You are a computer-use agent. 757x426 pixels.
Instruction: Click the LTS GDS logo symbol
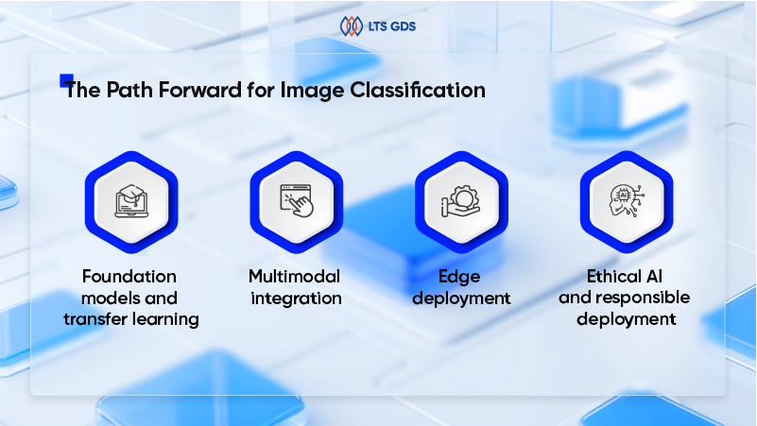point(351,26)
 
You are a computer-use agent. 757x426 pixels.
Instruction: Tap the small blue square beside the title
point(66,80)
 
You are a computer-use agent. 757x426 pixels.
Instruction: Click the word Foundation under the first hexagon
point(130,277)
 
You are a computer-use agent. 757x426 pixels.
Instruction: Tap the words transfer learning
point(131,319)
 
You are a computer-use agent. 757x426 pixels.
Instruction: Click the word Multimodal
point(295,277)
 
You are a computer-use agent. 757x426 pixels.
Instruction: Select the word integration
point(295,298)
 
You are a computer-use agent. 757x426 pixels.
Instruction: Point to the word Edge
point(461,277)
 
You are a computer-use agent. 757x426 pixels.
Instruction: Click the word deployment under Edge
point(461,298)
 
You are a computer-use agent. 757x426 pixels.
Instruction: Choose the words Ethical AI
point(625,277)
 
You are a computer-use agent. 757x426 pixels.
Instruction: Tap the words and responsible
point(625,298)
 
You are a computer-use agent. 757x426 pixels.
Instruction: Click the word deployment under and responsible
point(625,319)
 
